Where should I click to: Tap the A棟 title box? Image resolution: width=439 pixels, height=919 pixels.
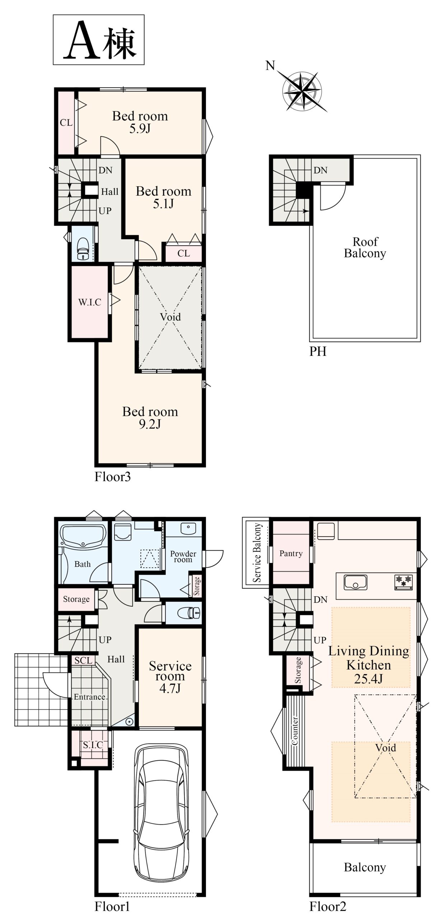pos(99,40)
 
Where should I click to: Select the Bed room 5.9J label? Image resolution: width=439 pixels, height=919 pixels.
pos(140,122)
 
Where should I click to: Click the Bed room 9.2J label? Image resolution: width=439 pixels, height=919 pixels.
pos(150,417)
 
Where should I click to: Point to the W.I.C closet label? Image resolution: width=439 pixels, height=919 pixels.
pos(90,302)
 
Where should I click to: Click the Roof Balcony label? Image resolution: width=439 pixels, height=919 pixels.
pos(365,247)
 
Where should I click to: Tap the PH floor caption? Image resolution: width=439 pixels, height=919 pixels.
pos(318,351)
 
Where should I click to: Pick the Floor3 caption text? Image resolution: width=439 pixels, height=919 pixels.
pos(113,477)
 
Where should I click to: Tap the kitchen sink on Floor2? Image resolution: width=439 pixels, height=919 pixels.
pos(355,582)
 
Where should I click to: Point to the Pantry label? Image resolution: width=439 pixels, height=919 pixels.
pos(291,554)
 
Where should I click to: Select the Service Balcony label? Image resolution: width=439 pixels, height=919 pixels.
pos(257,552)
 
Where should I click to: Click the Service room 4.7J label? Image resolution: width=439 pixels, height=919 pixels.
pos(170,677)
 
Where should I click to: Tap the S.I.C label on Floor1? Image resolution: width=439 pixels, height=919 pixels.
pos(93,745)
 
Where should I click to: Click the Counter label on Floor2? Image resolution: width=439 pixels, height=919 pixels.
pos(295,731)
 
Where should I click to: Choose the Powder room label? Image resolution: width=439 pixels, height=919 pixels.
pos(183,556)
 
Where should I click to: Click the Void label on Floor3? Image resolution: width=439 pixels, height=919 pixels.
pos(171,317)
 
